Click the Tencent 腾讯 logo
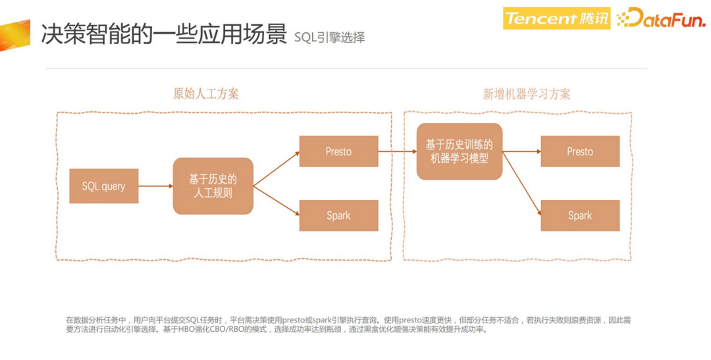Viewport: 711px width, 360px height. click(x=556, y=18)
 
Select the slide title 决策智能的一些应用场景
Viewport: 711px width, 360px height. click(x=163, y=34)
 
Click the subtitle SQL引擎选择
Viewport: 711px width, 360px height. click(x=329, y=38)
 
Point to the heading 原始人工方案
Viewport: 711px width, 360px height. click(x=206, y=93)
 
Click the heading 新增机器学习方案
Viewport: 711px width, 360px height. click(x=527, y=93)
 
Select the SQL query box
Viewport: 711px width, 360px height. click(x=103, y=186)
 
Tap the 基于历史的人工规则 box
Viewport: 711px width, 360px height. click(x=213, y=186)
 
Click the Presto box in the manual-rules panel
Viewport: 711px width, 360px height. click(x=338, y=151)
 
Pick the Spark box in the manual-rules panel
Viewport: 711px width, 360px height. click(x=338, y=215)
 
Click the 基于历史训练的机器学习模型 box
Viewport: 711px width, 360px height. click(x=459, y=151)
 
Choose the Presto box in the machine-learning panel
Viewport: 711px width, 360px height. click(x=580, y=151)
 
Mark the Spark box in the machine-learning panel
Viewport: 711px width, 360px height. click(x=580, y=215)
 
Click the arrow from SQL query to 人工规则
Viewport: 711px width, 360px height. click(x=155, y=186)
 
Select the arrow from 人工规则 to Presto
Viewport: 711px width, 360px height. click(x=276, y=168)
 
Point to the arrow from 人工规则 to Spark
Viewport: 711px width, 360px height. click(x=276, y=201)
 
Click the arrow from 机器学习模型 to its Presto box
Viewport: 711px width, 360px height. click(x=521, y=151)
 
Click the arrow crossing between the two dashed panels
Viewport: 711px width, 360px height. click(x=397, y=151)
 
